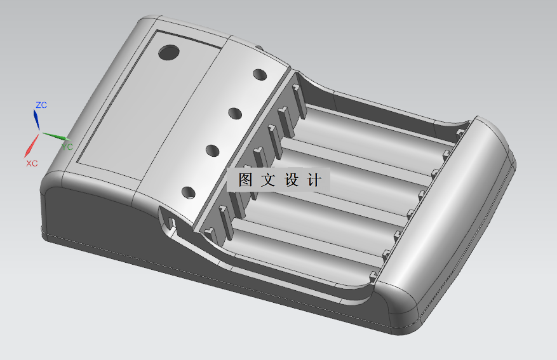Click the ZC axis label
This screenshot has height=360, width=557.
(41, 105)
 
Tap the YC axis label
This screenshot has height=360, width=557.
(67, 147)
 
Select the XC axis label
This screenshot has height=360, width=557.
(32, 163)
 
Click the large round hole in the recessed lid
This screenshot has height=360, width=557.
(169, 53)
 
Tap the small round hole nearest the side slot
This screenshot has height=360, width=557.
(189, 192)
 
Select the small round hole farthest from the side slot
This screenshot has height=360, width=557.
(259, 74)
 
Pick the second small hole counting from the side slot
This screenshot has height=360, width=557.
(212, 150)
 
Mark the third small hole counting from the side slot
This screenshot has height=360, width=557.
(235, 114)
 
